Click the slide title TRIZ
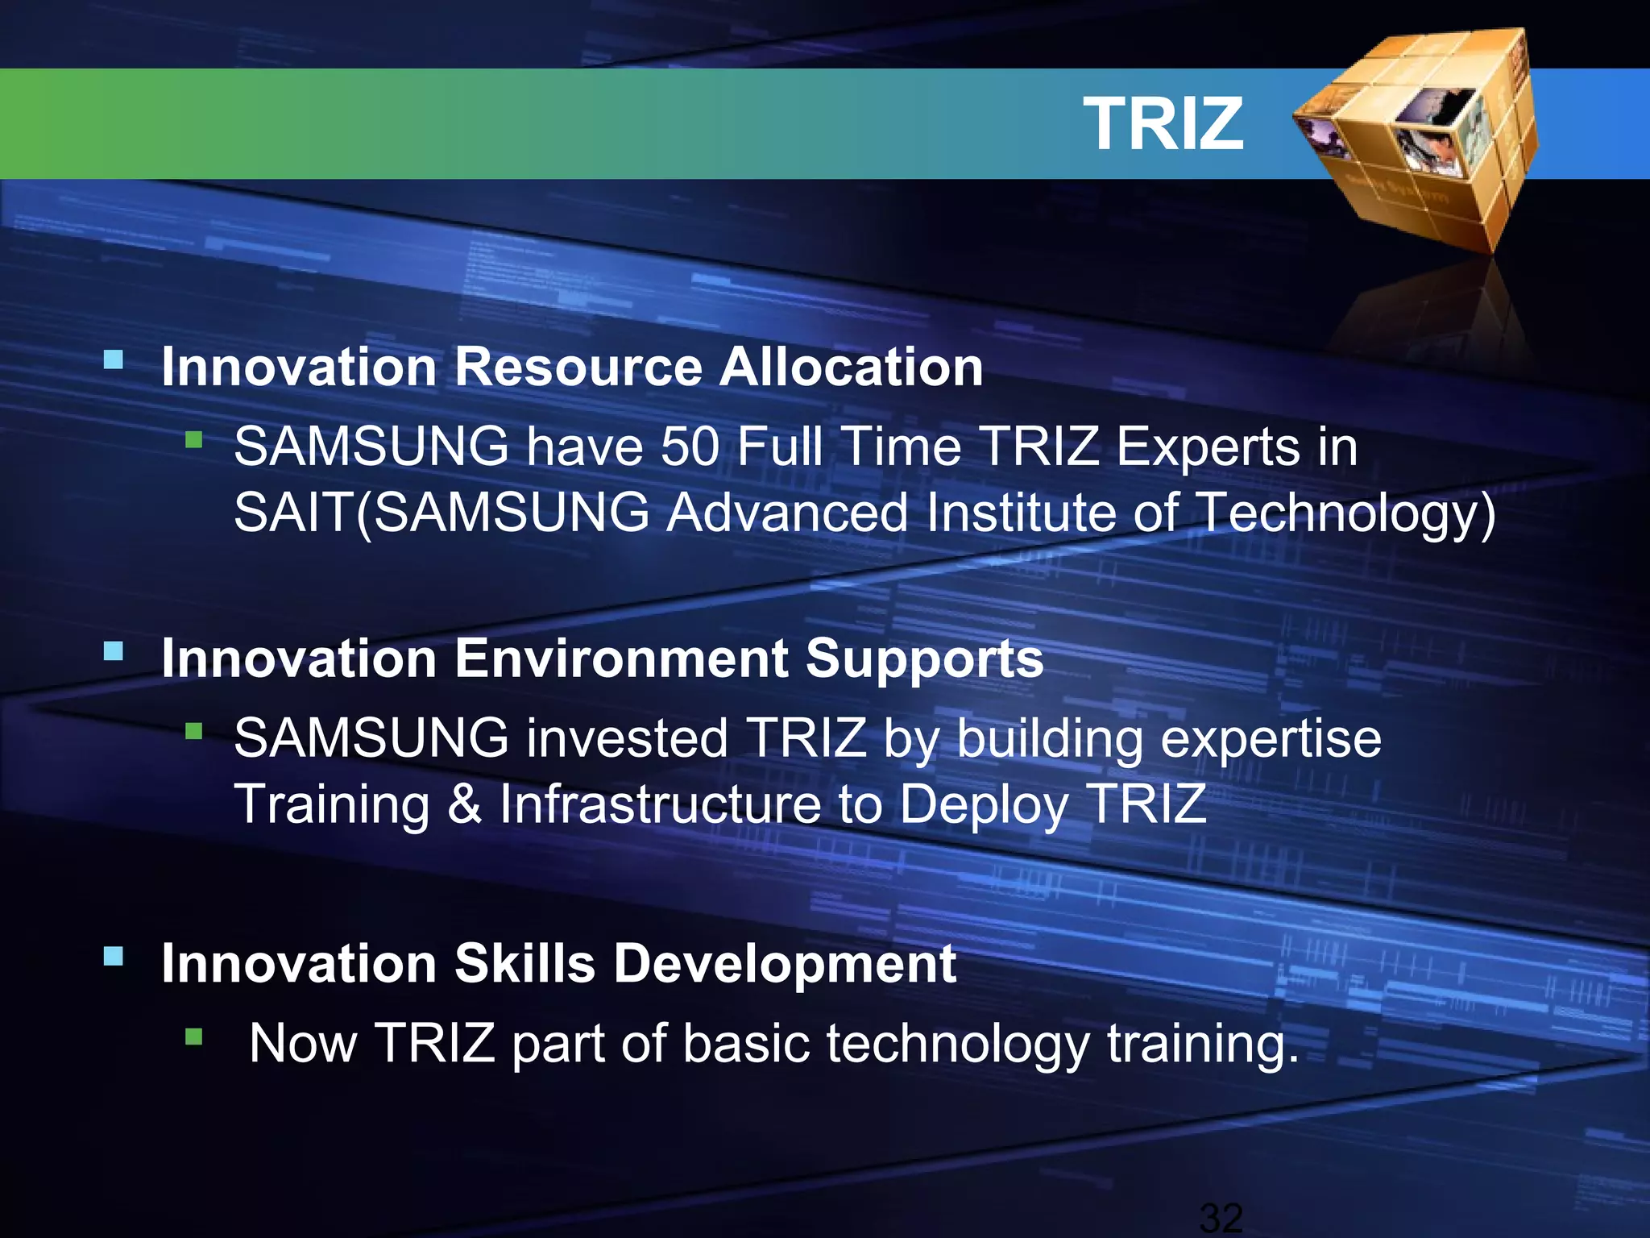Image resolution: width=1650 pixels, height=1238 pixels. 1163,124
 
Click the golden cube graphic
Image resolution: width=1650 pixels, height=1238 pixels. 1418,137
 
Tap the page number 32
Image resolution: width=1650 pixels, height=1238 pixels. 1221,1217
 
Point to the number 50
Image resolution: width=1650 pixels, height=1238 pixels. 690,447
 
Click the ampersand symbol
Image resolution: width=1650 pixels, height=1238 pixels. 465,804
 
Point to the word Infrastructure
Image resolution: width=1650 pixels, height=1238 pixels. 660,804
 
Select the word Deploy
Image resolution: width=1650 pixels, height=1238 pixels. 984,806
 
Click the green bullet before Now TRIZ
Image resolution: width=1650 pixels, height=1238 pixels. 193,1036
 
